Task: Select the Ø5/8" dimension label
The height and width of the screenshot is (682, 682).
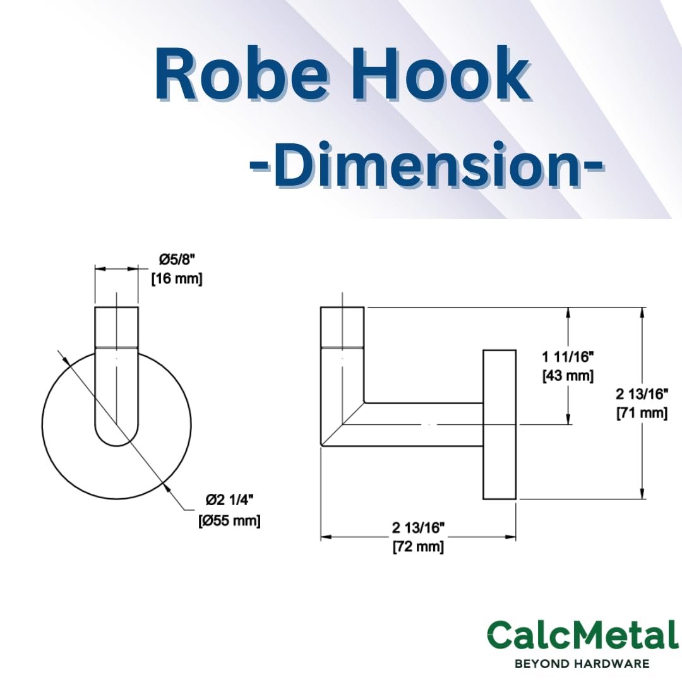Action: (x=177, y=260)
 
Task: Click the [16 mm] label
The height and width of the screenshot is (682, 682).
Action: (x=177, y=279)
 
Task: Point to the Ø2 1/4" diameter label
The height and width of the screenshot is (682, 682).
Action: (x=229, y=501)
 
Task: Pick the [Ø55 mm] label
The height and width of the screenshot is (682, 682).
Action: (x=229, y=520)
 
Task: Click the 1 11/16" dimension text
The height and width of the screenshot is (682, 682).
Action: (x=568, y=357)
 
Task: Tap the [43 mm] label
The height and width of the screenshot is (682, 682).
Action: (x=568, y=375)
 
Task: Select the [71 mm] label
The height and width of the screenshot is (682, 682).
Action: (x=642, y=412)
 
